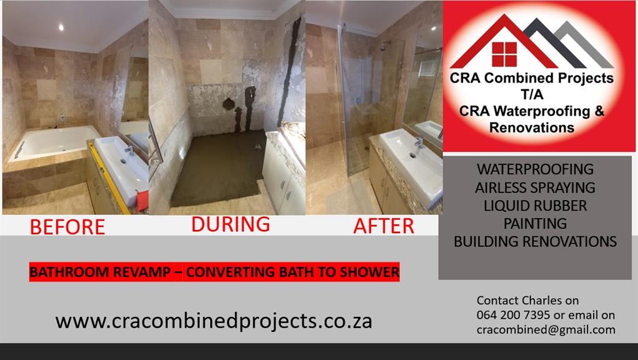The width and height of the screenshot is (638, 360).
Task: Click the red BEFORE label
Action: pyautogui.click(x=67, y=227)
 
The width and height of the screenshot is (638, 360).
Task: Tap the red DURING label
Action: pyautogui.click(x=231, y=224)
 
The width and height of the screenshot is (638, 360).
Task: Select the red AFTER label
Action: pyautogui.click(x=384, y=226)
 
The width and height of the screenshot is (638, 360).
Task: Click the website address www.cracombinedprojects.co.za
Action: pyautogui.click(x=214, y=321)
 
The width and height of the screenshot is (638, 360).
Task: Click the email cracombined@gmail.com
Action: pyautogui.click(x=546, y=329)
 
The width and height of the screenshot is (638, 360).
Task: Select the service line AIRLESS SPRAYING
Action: pyautogui.click(x=535, y=187)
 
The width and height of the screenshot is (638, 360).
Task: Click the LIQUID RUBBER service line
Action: pyautogui.click(x=535, y=206)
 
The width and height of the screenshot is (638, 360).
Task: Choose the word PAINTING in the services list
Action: pyautogui.click(x=535, y=223)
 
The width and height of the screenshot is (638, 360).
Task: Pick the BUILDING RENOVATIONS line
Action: pyautogui.click(x=535, y=242)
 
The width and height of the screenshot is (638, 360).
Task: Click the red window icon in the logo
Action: pyautogui.click(x=504, y=54)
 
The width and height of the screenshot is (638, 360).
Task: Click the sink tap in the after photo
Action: pyautogui.click(x=418, y=145)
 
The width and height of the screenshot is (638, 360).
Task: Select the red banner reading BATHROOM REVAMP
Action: pyautogui.click(x=214, y=272)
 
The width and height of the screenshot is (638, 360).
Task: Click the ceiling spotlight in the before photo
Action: pyautogui.click(x=61, y=27)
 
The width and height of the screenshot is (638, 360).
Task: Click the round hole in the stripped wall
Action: pyautogui.click(x=229, y=104)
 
